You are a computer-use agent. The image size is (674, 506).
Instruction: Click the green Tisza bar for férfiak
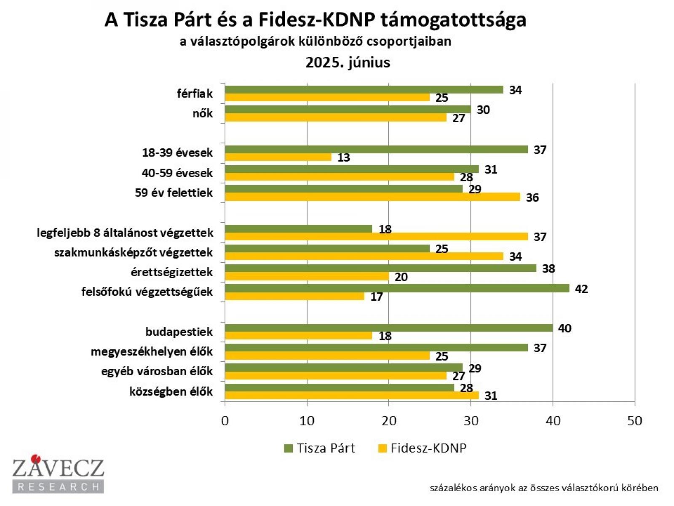tap(364, 90)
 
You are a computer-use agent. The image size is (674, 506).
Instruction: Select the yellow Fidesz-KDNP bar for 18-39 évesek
tap(278, 157)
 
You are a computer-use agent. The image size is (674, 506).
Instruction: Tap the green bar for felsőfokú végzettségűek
tap(397, 288)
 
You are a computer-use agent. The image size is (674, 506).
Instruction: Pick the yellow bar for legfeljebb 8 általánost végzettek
tap(376, 237)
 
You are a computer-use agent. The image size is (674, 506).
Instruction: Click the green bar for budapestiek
tap(389, 328)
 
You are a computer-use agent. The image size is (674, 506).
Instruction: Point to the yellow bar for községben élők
tap(352, 396)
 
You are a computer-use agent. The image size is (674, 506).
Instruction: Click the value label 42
tap(581, 289)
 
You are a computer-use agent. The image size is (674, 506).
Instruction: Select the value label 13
tap(344, 158)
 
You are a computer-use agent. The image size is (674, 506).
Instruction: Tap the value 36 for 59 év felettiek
tap(532, 198)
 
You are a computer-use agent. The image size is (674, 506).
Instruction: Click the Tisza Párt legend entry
tap(320, 448)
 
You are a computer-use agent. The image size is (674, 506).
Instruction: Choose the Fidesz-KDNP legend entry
tap(423, 448)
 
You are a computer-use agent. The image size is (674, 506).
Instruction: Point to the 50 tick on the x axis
tap(634, 421)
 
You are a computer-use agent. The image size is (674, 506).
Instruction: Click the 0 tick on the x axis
tap(225, 421)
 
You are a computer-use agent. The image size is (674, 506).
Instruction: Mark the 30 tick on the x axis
tap(471, 421)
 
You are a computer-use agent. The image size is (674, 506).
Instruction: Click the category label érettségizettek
tap(171, 272)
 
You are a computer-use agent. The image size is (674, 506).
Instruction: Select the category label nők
tap(202, 113)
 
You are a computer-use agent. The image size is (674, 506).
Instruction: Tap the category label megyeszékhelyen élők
tap(152, 352)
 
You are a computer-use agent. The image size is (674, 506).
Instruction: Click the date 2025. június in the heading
tap(348, 62)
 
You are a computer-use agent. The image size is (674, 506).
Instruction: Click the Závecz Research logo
tap(58, 474)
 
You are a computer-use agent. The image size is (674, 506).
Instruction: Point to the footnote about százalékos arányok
tap(544, 488)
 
